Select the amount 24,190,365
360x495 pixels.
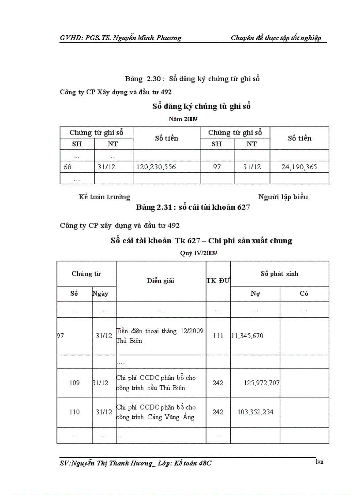tap(299, 167)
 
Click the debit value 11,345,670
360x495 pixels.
tap(247, 336)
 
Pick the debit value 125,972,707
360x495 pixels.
tap(262, 383)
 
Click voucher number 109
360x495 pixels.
tap(74, 383)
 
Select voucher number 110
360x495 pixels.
tap(74, 412)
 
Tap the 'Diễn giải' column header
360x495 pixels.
tap(160, 281)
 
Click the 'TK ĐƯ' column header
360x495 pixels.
tap(218, 281)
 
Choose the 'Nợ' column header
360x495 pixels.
tap(255, 294)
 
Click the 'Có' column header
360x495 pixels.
tap(304, 294)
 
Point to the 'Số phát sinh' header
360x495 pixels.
tap(279, 274)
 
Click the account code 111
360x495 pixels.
tap(218, 336)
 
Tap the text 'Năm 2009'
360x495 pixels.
tap(183, 119)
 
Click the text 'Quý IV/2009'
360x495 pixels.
tap(199, 253)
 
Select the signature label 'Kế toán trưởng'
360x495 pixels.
tap(105, 197)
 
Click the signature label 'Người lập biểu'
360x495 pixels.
tap(283, 197)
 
